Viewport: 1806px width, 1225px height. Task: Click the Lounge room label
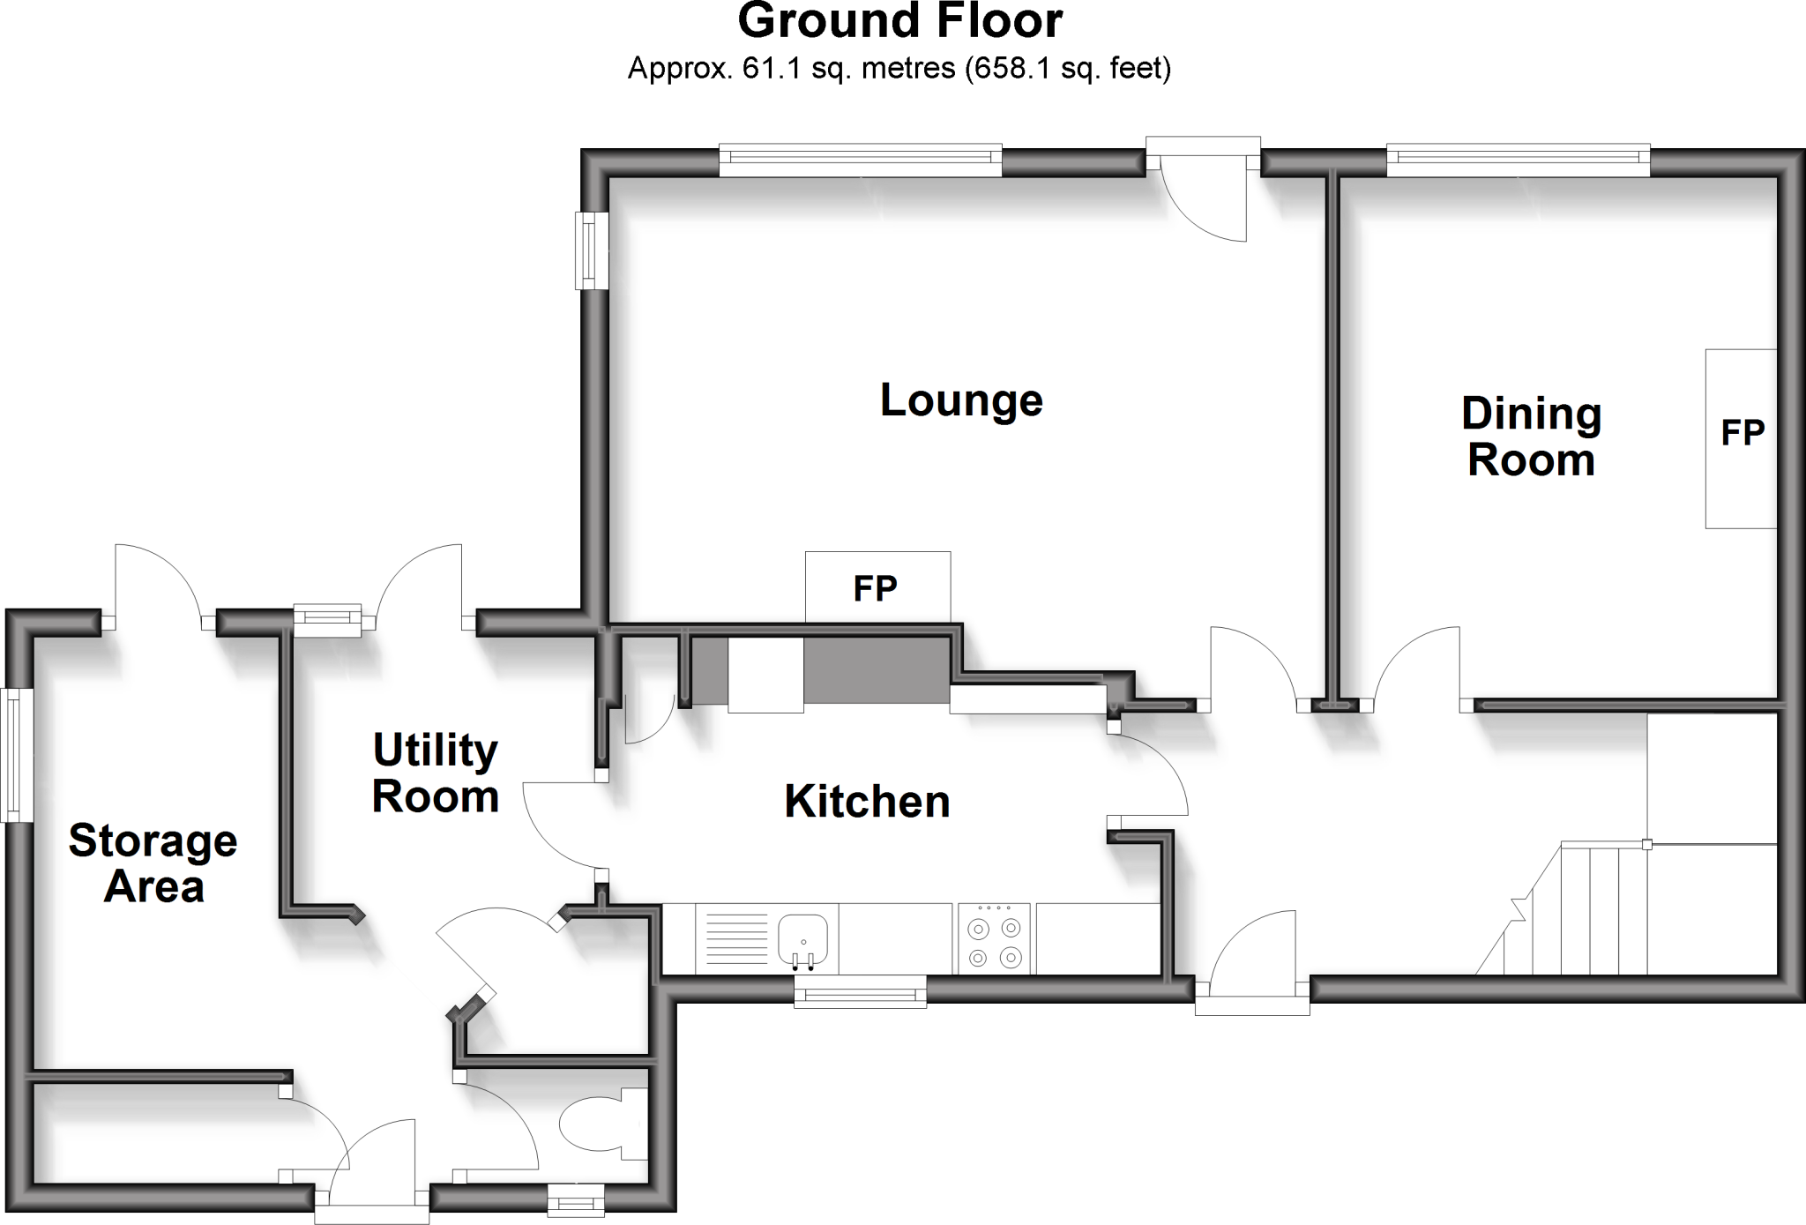pos(961,401)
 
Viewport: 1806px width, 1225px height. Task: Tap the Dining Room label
pos(1532,437)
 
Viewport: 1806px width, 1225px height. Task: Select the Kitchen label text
pos(867,802)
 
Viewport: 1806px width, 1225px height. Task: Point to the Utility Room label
pos(436,773)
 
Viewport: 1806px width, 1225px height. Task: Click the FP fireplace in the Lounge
pos(877,587)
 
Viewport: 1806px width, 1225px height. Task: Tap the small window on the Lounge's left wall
pos(592,250)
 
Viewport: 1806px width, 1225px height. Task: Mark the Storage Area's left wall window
pos(15,755)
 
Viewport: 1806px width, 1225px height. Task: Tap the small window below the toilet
pos(576,1200)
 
